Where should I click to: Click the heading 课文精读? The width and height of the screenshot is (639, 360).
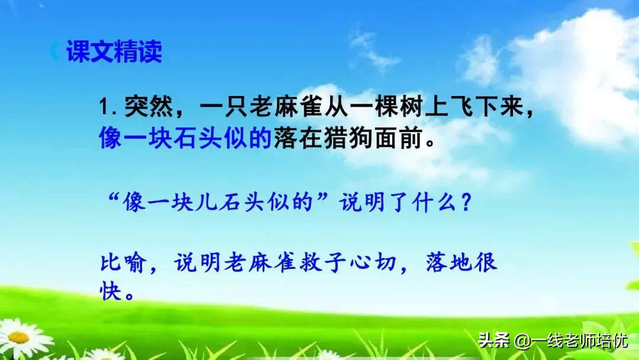[114, 52]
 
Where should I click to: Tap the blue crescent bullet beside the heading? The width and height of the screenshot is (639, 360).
[54, 52]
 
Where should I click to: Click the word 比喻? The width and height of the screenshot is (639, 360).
[124, 262]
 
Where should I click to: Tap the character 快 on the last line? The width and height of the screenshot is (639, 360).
[111, 291]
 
